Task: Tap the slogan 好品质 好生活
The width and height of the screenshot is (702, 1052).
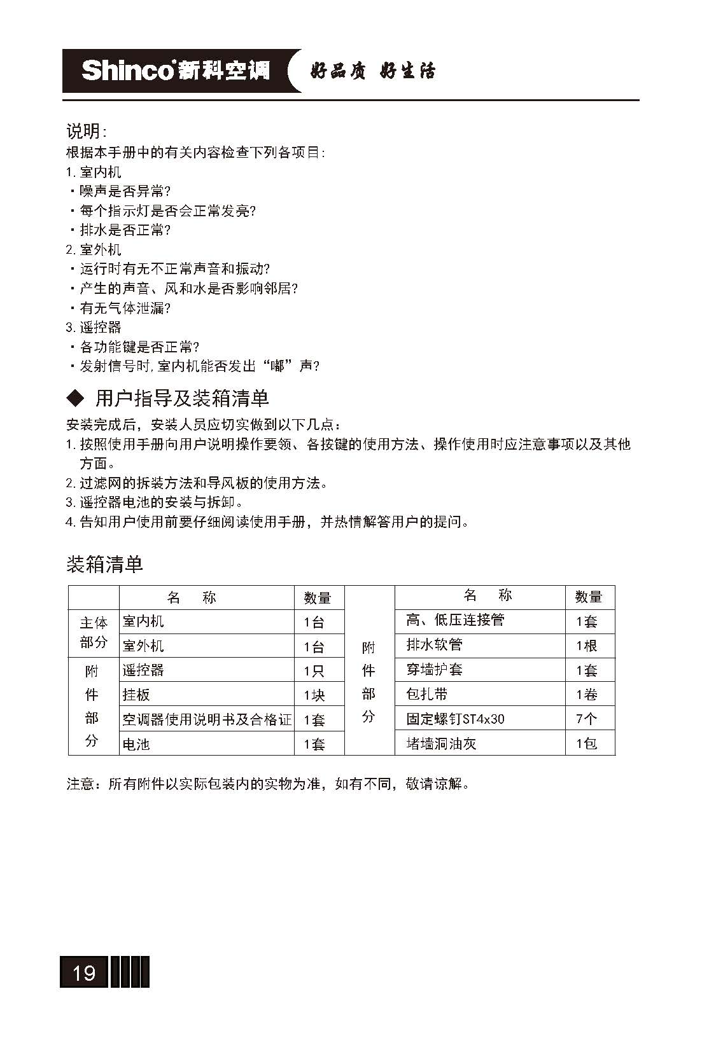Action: (x=373, y=71)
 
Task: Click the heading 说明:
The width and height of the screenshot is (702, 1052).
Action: (x=87, y=132)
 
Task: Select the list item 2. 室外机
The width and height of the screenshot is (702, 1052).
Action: (x=94, y=249)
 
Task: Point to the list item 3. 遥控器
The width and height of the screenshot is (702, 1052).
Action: (x=94, y=328)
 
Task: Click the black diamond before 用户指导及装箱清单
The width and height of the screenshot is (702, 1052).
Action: (x=76, y=399)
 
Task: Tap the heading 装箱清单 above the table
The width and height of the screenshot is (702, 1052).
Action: (x=105, y=564)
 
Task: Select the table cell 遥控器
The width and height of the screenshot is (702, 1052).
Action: (x=143, y=670)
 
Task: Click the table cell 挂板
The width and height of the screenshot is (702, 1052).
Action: (x=136, y=695)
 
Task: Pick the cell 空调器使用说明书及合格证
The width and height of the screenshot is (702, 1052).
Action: (x=207, y=719)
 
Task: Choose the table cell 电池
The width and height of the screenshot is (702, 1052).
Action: (x=136, y=744)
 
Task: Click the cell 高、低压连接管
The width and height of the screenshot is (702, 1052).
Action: (x=455, y=620)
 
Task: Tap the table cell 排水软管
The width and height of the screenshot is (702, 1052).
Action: (x=434, y=645)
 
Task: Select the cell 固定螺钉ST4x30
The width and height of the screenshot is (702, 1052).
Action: (x=455, y=719)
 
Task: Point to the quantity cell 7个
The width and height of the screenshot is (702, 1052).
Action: (x=586, y=719)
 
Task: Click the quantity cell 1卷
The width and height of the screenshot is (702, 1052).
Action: (x=586, y=695)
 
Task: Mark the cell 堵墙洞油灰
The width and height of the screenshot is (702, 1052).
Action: (x=441, y=744)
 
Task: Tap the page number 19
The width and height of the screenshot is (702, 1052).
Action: (x=85, y=972)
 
